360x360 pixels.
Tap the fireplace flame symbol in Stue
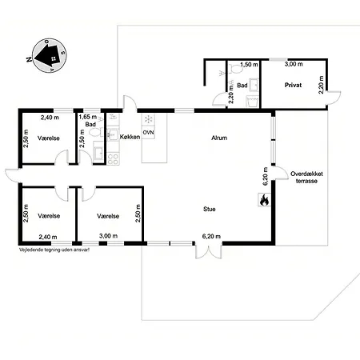point(262,201)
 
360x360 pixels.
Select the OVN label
point(148,132)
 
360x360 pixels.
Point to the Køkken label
point(130,138)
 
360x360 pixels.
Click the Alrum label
point(219,138)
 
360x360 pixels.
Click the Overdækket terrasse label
point(306,177)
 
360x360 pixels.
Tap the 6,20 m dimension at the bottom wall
point(211,236)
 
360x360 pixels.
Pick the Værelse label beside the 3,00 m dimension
point(106,216)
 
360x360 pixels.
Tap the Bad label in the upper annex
point(242,85)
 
